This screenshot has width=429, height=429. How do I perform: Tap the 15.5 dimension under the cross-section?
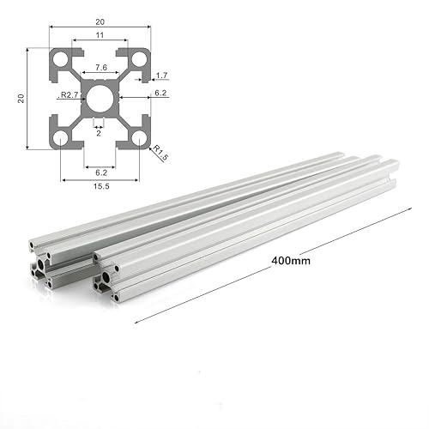tap(100, 186)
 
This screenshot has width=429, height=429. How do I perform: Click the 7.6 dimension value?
tap(100, 68)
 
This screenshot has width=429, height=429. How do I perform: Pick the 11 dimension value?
tap(100, 35)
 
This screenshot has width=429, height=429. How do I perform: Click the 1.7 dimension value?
tap(162, 76)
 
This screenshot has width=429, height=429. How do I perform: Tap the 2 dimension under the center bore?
tap(99, 133)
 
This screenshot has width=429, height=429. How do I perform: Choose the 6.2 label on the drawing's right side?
tap(160, 93)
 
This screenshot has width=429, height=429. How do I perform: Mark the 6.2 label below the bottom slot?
tap(100, 171)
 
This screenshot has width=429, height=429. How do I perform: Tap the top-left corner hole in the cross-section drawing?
tap(63, 62)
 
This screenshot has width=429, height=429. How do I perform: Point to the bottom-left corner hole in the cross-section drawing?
tap(63, 136)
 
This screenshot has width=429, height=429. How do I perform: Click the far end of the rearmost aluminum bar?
tap(339, 155)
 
